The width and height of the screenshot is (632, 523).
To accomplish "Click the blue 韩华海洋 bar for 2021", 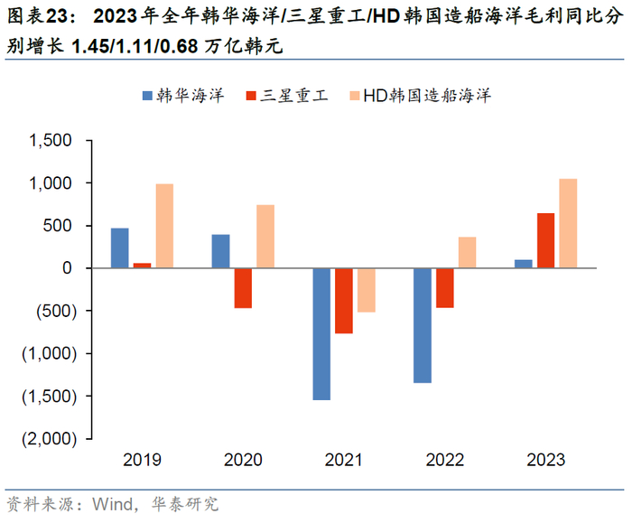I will tap(321, 334).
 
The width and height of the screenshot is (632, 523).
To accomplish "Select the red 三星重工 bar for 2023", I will tap(545, 240).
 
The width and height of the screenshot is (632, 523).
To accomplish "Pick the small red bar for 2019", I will tap(142, 266).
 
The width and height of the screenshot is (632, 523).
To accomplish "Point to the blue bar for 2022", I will tap(423, 325).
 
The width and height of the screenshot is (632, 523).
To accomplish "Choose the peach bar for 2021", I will tap(366, 290).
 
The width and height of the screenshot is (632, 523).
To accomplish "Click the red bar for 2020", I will tap(243, 288).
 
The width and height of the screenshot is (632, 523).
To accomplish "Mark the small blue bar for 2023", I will tap(524, 264).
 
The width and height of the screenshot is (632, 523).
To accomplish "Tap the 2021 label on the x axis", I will tap(344, 460).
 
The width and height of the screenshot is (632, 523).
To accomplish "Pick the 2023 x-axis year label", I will tap(546, 460).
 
